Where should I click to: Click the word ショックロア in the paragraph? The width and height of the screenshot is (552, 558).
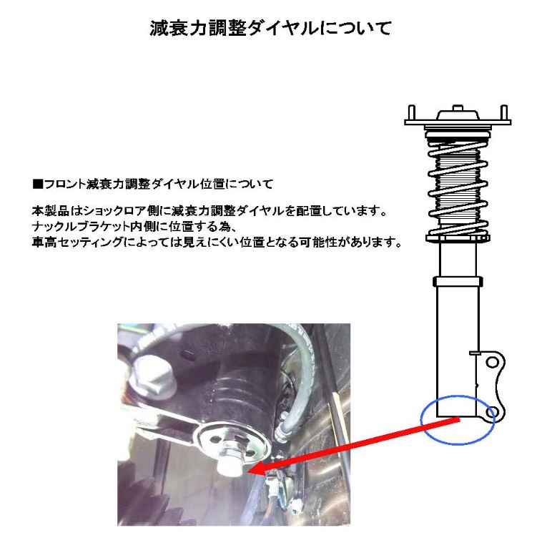coord(113,214)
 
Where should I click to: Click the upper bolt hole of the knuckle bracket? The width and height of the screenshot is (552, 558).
coord(492,363)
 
